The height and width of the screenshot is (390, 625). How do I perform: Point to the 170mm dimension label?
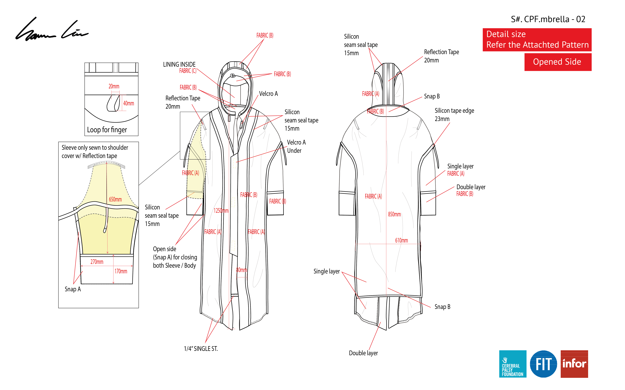121,271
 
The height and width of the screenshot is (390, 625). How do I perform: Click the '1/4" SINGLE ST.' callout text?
201,349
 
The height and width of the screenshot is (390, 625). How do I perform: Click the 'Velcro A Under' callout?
296,147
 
